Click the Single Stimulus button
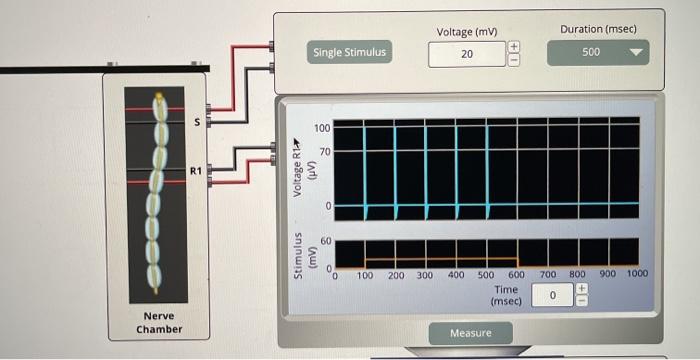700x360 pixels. click(x=349, y=52)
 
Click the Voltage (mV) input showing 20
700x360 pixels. click(x=467, y=53)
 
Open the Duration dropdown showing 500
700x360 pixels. click(x=598, y=51)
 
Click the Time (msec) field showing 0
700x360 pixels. click(x=551, y=296)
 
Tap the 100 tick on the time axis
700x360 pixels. click(x=366, y=274)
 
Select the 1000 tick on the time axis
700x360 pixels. click(x=637, y=273)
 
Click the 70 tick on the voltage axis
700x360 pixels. click(x=325, y=151)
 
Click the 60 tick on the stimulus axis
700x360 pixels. click(x=325, y=241)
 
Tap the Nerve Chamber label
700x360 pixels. click(x=159, y=322)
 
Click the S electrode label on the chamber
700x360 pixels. click(x=196, y=122)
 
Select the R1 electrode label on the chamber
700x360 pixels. click(x=196, y=172)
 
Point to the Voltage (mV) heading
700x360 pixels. click(x=467, y=32)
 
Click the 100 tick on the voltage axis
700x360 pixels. click(x=323, y=129)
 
